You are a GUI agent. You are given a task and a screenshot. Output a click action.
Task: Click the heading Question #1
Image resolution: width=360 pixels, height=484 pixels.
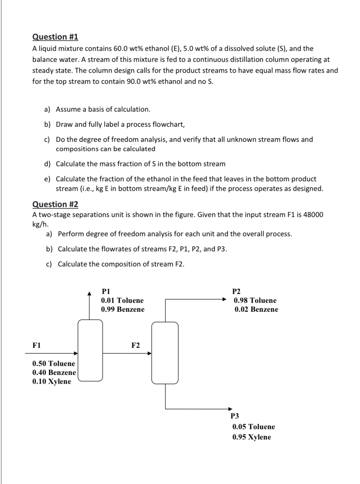pos(55,37)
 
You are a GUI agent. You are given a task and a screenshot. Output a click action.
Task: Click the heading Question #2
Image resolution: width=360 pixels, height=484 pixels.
pos(55,204)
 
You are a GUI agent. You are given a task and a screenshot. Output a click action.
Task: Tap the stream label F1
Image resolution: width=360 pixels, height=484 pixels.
pos(36,345)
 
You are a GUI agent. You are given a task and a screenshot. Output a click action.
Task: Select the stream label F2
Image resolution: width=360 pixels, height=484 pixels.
pos(136,345)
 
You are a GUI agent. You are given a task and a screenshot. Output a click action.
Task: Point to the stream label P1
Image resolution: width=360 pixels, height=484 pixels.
pos(106,291)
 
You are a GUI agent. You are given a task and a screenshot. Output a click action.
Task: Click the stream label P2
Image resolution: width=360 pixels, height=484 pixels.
pos(236,292)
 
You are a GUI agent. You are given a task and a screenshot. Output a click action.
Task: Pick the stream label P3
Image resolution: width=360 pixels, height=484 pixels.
pos(235,416)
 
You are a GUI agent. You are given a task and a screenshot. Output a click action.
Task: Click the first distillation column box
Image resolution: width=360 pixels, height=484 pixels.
pos(90,350)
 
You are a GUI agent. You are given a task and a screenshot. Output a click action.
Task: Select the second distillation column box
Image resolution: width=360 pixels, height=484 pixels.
pos(165,353)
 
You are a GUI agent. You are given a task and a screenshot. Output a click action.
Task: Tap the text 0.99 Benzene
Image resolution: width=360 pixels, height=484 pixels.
pos(123,309)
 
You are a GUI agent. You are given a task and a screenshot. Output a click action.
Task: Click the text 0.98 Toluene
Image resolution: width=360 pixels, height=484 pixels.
pos(255,300)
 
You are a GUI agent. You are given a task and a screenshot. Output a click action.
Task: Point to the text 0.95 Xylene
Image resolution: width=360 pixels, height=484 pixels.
pos(251,437)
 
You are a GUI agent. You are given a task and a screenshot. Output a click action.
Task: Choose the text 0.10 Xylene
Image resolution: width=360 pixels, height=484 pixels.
pos(52,381)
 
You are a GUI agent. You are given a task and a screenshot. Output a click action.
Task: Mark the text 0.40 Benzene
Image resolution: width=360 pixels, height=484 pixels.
pos(54,372)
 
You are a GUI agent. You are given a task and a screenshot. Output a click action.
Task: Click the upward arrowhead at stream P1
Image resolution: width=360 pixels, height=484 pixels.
pos(90,293)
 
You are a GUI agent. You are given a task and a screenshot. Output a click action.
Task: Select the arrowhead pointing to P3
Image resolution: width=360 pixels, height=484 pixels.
pos(230,409)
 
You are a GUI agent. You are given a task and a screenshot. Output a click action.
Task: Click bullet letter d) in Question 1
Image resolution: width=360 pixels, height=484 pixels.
pos(47,164)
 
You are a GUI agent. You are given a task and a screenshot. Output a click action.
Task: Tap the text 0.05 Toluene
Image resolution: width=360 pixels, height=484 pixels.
pos(254,427)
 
